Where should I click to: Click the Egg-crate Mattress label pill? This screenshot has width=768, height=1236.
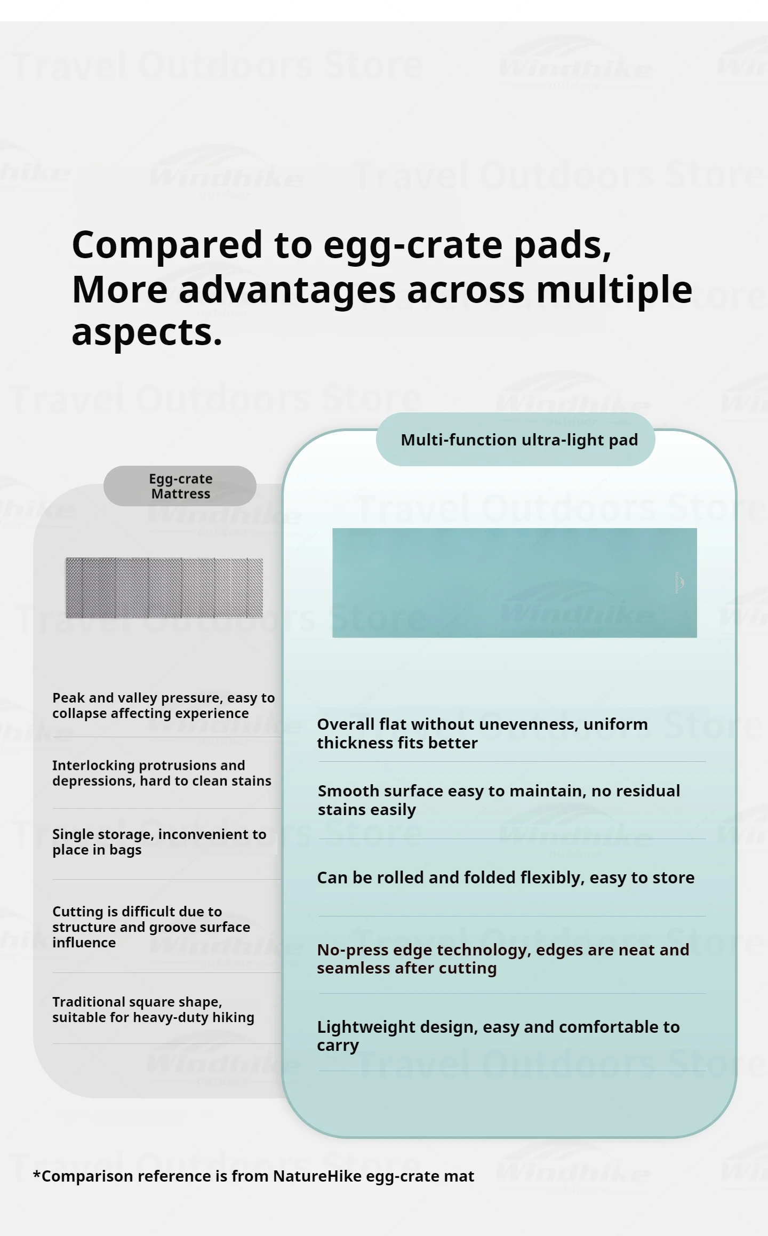(x=180, y=486)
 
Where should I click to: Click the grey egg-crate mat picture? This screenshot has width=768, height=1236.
(x=164, y=588)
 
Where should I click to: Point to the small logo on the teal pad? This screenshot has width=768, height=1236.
(x=678, y=583)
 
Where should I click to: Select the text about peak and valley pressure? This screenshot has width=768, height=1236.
(x=163, y=705)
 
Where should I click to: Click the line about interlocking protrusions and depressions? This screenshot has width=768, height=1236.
(x=162, y=773)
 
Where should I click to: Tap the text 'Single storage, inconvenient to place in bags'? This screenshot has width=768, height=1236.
(x=159, y=842)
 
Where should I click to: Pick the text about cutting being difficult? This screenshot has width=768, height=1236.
(x=151, y=927)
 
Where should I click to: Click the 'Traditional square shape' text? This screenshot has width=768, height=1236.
(x=153, y=1009)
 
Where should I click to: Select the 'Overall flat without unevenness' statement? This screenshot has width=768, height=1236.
(x=482, y=733)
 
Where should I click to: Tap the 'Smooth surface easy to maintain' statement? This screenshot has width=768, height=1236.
(x=499, y=800)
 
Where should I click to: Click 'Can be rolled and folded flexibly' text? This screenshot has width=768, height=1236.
(x=506, y=878)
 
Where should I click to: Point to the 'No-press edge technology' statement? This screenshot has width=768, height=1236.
(x=503, y=959)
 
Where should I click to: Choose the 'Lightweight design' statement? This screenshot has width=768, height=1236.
(x=498, y=1036)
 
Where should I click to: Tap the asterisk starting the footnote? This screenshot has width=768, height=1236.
(x=37, y=1174)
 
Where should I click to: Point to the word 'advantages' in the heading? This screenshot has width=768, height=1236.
(x=287, y=290)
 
